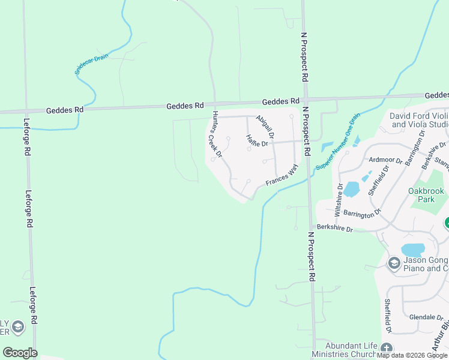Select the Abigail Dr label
click(x=265, y=128)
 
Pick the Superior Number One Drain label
click(x=338, y=142)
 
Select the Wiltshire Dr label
click(x=340, y=199)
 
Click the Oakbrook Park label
click(x=426, y=196)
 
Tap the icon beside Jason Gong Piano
click(x=394, y=262)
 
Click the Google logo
click(x=20, y=352)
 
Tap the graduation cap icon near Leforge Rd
click(x=19, y=327)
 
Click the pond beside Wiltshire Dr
click(x=351, y=190)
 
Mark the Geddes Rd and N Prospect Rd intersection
click(x=306, y=100)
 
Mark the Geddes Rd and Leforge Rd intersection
click(x=25, y=110)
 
